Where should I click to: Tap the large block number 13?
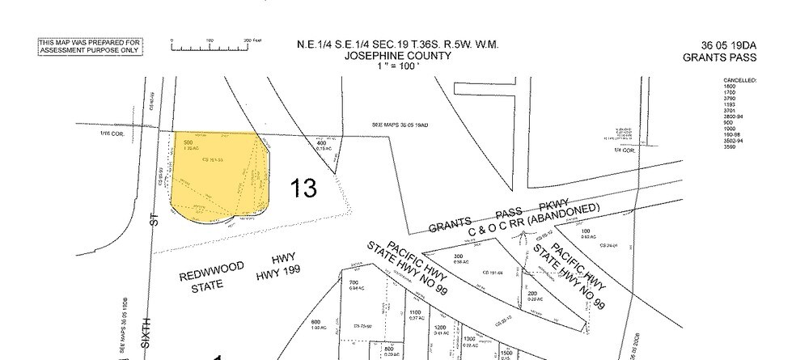[303, 188]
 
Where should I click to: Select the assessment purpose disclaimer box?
[90, 46]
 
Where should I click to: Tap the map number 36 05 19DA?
[719, 45]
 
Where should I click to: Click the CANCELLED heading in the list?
[739, 81]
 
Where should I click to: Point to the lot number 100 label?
[585, 231]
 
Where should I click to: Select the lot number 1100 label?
[414, 312]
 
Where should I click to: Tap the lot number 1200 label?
[442, 327]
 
